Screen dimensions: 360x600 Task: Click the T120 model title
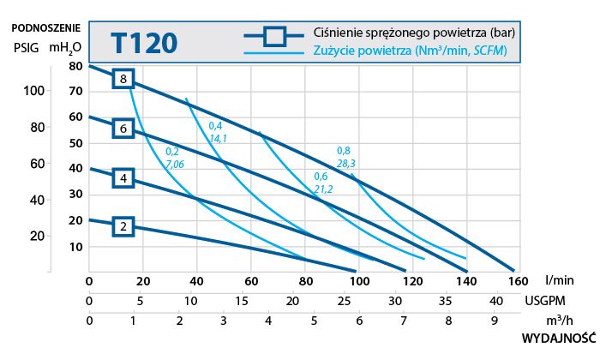144,42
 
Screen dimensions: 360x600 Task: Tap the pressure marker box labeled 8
123,79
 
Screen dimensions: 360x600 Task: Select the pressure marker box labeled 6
123,129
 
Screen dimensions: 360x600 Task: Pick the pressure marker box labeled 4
123,178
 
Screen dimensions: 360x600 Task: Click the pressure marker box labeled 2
123,227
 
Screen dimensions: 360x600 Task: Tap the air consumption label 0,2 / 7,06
174,158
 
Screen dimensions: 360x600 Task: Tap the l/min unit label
558,279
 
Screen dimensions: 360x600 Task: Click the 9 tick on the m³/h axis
493,321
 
